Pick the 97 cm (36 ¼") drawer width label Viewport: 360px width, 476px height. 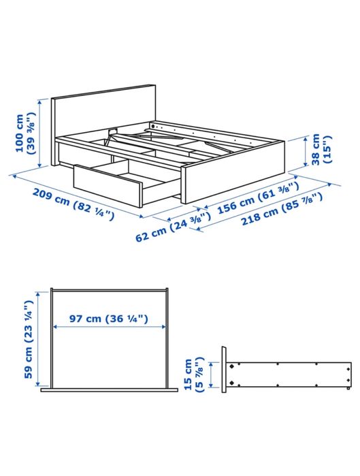click(108, 318)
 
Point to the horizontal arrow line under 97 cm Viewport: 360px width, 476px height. click(109, 328)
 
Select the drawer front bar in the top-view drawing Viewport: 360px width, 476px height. click(109, 391)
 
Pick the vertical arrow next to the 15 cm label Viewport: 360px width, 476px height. click(212, 374)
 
